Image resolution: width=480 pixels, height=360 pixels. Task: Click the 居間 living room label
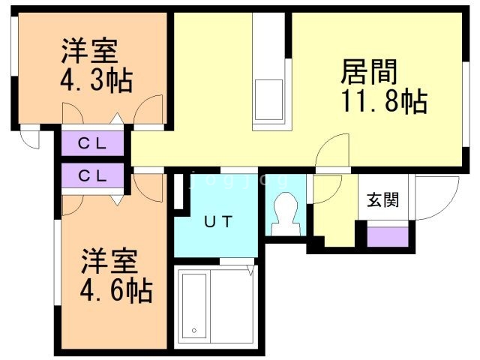click(x=369, y=72)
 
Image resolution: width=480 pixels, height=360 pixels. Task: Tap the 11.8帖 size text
click(x=384, y=101)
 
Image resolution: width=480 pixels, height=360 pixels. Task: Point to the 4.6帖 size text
click(x=116, y=289)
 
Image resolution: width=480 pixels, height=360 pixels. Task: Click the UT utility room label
click(x=218, y=222)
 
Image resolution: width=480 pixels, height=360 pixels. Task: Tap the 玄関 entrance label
click(x=383, y=200)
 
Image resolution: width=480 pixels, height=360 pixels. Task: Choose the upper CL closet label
click(x=92, y=143)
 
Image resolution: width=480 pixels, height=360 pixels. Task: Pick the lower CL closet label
click(x=92, y=176)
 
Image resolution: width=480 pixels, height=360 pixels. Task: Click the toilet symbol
click(x=286, y=214)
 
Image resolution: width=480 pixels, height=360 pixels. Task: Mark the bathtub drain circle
click(x=194, y=330)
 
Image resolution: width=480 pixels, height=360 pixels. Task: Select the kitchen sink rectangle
click(x=268, y=100)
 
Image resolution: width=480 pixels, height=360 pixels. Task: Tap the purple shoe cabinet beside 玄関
click(x=388, y=237)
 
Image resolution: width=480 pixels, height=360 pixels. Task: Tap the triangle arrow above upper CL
click(x=117, y=118)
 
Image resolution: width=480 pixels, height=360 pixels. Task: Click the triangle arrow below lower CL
click(x=117, y=200)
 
